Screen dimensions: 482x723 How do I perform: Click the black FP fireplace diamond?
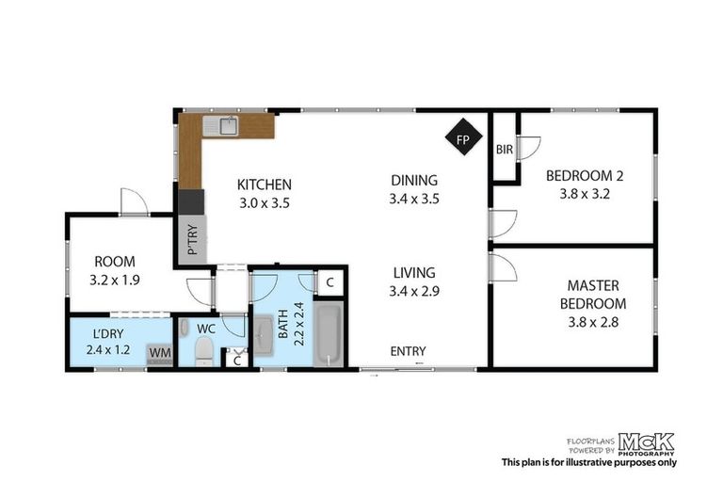pos(461,140)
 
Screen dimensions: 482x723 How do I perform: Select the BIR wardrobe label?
pos(504,149)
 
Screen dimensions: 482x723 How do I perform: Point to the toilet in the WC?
pos(202,351)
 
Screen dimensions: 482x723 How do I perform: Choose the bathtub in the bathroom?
pos(328,334)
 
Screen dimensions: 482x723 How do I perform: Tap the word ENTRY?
pos(409,351)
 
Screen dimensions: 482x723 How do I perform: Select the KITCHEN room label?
pos(264,185)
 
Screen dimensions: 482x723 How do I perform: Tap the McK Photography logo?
pos(646,443)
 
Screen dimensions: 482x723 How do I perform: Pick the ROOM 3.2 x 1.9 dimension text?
pos(114,280)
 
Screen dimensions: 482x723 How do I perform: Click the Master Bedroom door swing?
pos(502,268)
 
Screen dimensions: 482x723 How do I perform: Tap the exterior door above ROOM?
pos(133,201)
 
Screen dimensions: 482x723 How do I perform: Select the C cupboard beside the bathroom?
pos(330,281)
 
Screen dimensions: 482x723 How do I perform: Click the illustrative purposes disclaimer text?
pos(588,462)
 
